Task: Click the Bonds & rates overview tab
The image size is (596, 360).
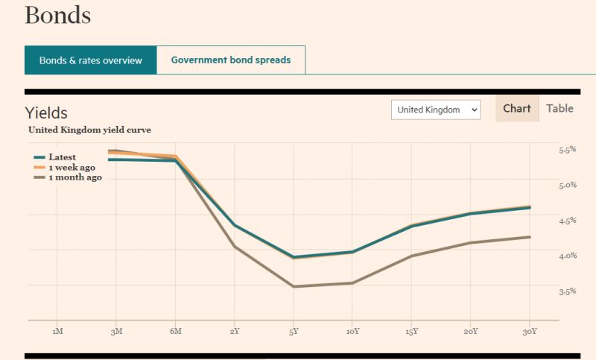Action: click(90, 60)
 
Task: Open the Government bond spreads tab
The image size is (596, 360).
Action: click(231, 60)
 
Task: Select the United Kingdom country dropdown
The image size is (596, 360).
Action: click(436, 110)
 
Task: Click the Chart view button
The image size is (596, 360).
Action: click(517, 109)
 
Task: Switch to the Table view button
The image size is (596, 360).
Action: click(559, 109)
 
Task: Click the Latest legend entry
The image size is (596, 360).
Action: click(62, 157)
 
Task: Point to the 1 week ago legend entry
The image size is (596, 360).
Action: click(72, 168)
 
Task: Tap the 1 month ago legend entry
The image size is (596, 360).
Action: click(74, 177)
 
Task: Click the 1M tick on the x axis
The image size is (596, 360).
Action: click(57, 331)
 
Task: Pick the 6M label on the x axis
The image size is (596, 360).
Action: click(175, 331)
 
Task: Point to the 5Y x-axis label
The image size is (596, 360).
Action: click(294, 331)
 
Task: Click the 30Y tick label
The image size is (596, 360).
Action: click(529, 331)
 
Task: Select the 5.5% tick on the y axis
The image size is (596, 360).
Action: click(568, 150)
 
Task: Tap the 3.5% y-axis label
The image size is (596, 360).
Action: click(568, 291)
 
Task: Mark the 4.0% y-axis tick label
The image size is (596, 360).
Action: click(568, 256)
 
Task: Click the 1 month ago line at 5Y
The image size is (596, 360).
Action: click(294, 286)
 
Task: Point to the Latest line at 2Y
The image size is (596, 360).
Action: click(235, 225)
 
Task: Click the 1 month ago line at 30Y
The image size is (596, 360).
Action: click(529, 237)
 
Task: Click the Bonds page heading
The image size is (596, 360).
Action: click(58, 15)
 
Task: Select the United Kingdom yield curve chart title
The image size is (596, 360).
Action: click(89, 130)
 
